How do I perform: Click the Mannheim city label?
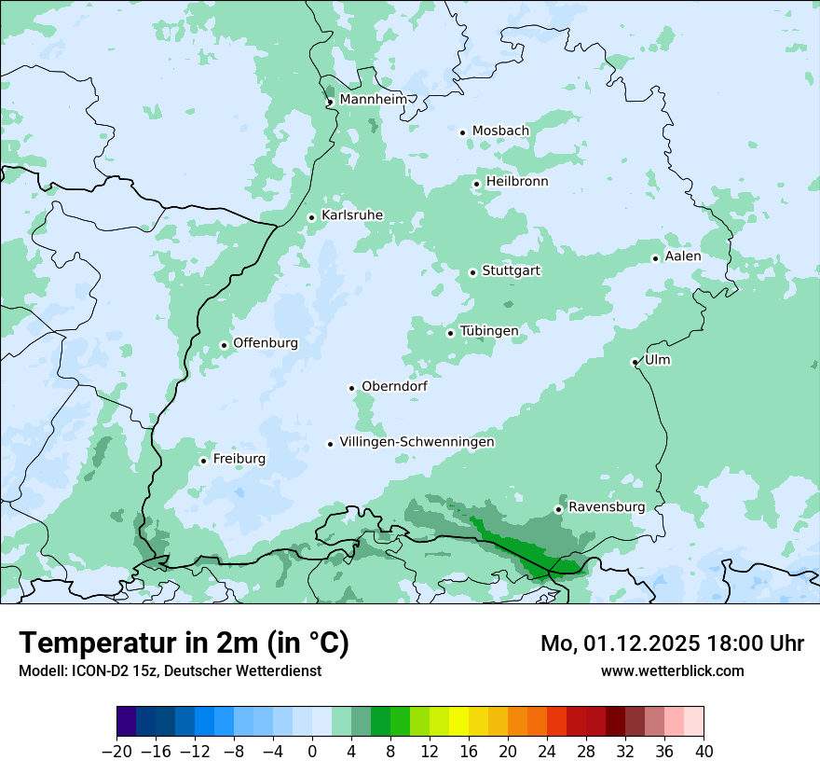[x=373, y=99]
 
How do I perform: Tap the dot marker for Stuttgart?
[x=473, y=272]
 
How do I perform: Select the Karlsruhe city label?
[x=351, y=215]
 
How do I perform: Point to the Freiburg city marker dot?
[x=203, y=461]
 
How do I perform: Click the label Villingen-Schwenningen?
[x=417, y=442]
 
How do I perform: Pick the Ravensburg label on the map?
[x=606, y=507]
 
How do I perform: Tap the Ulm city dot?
[x=635, y=362]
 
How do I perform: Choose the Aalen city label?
[x=682, y=256]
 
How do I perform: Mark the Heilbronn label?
[x=517, y=182]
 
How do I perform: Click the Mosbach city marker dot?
[x=462, y=132]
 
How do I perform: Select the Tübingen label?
[x=488, y=331]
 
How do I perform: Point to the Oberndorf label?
[x=394, y=386]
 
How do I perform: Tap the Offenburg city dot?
[x=224, y=345]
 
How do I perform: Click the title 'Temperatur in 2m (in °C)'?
[x=184, y=643]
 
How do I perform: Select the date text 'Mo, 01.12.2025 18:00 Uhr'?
[x=672, y=643]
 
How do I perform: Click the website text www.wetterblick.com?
[x=672, y=670]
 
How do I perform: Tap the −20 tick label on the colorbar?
[x=117, y=752]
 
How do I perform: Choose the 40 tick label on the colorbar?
[x=704, y=752]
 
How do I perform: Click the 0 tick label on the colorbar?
[x=312, y=752]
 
